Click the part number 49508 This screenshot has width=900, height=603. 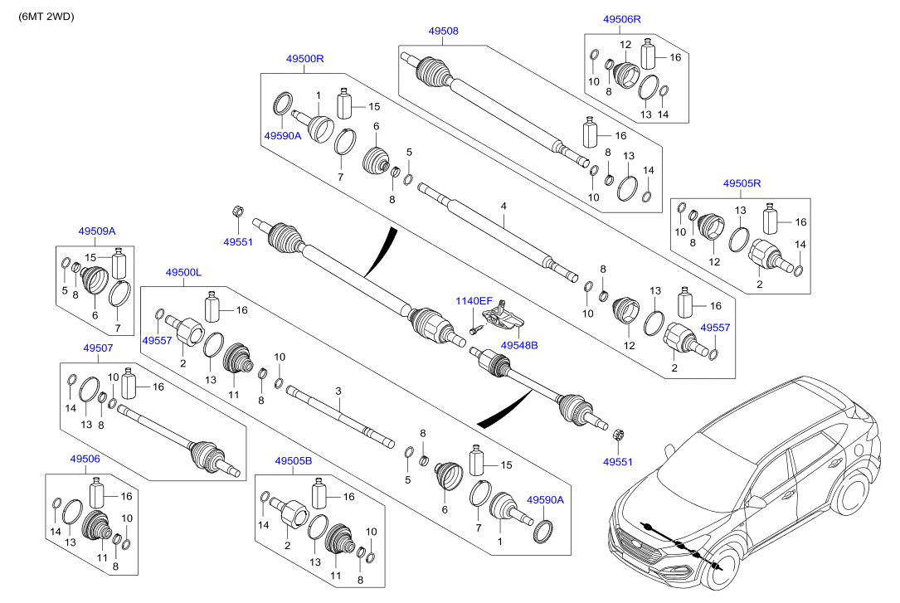(x=443, y=31)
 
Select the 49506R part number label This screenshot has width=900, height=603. (x=622, y=18)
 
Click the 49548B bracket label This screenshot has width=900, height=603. (x=519, y=344)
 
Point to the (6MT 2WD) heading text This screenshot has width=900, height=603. (x=46, y=16)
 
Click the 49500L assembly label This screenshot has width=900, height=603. (x=183, y=272)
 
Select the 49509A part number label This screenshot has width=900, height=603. (x=97, y=231)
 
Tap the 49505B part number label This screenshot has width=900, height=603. (x=294, y=460)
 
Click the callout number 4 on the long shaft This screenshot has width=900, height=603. (x=504, y=204)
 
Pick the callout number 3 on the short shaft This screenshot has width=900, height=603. (x=338, y=390)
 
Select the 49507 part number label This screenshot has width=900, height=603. (x=97, y=349)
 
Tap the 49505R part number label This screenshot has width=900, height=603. (x=742, y=182)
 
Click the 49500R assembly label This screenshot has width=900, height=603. (x=304, y=59)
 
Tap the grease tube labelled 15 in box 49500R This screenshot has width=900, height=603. (x=345, y=105)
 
